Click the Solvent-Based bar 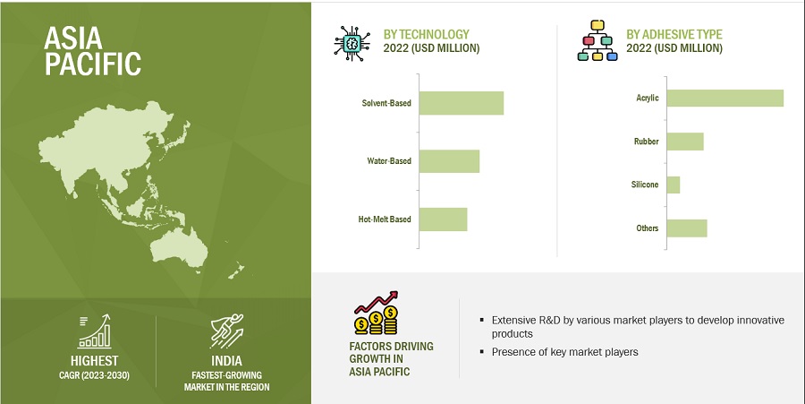[x=461, y=103]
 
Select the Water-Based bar [x=449, y=161]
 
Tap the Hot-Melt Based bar [x=443, y=219]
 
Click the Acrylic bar [x=724, y=98]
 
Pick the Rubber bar [x=685, y=142]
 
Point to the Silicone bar [x=673, y=185]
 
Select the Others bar [x=687, y=228]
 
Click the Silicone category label [x=645, y=185]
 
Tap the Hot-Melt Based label [x=385, y=219]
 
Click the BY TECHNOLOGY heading [x=426, y=34]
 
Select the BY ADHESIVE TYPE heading [x=674, y=34]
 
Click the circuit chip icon [x=352, y=43]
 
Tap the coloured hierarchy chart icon [x=597, y=41]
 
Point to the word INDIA [x=226, y=360]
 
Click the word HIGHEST [x=95, y=361]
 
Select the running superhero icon [x=226, y=331]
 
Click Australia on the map [x=179, y=247]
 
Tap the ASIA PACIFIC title [x=92, y=51]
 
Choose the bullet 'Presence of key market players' [x=564, y=352]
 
